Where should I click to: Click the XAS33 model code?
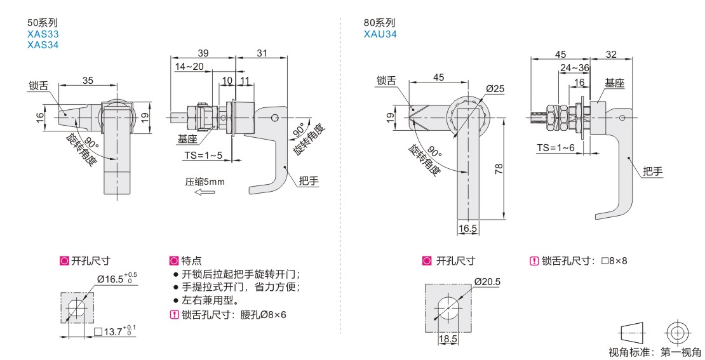[x=43, y=35]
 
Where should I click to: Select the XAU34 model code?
[x=380, y=34]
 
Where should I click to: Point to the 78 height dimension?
[x=499, y=168]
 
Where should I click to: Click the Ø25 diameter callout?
[x=495, y=89]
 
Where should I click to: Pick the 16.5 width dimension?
[x=467, y=228]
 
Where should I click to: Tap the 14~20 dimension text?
[x=189, y=67]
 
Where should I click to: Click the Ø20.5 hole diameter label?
[x=487, y=282]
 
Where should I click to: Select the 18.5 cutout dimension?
[x=448, y=340]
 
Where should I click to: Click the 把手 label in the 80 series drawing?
[x=652, y=171]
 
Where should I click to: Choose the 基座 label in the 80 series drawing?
[x=614, y=83]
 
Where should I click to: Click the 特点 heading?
[x=191, y=260]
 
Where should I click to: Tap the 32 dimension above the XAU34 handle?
[x=611, y=54]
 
